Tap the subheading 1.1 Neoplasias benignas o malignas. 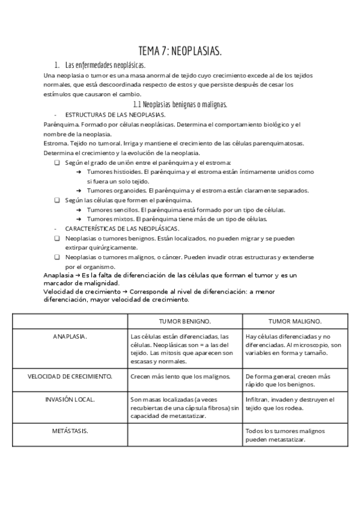(x=180, y=104)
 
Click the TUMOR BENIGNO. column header (x=185, y=321)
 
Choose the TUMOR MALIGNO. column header (x=294, y=321)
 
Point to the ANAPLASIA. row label (x=70, y=336)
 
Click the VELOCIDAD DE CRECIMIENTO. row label (x=70, y=376)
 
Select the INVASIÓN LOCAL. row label (x=70, y=399)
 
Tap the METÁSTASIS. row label (x=70, y=431)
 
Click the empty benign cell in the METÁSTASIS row (x=185, y=435)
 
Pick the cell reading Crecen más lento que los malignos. (x=180, y=376)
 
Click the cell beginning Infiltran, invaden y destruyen (x=290, y=403)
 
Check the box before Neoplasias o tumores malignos (x=56, y=257)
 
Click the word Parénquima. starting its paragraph (x=58, y=124)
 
